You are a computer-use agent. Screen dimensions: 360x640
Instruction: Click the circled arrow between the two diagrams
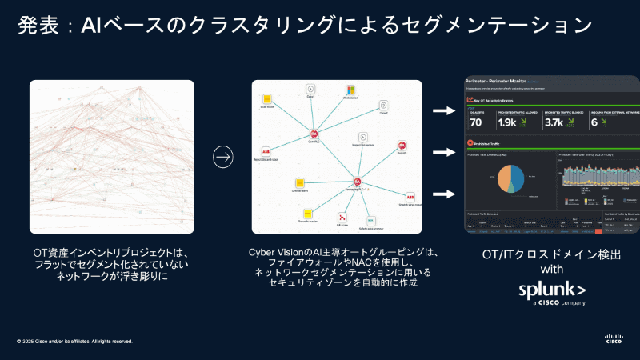point(223,157)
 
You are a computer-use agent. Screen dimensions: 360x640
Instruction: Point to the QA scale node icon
point(341,217)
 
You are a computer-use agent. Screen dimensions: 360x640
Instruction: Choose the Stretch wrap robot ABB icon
point(410,197)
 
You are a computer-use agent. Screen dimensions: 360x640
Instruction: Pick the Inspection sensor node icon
point(362,137)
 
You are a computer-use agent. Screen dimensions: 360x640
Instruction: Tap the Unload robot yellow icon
point(300,182)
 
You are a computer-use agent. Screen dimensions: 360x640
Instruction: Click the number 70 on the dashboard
point(476,122)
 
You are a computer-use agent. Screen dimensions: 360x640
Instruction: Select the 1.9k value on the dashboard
point(507,122)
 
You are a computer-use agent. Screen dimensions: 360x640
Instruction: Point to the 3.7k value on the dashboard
point(554,122)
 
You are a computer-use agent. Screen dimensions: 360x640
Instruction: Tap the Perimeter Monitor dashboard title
point(502,82)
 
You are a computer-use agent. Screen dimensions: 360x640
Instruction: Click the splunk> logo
point(552,289)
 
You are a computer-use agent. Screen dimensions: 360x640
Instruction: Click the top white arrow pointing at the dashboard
point(443,110)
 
